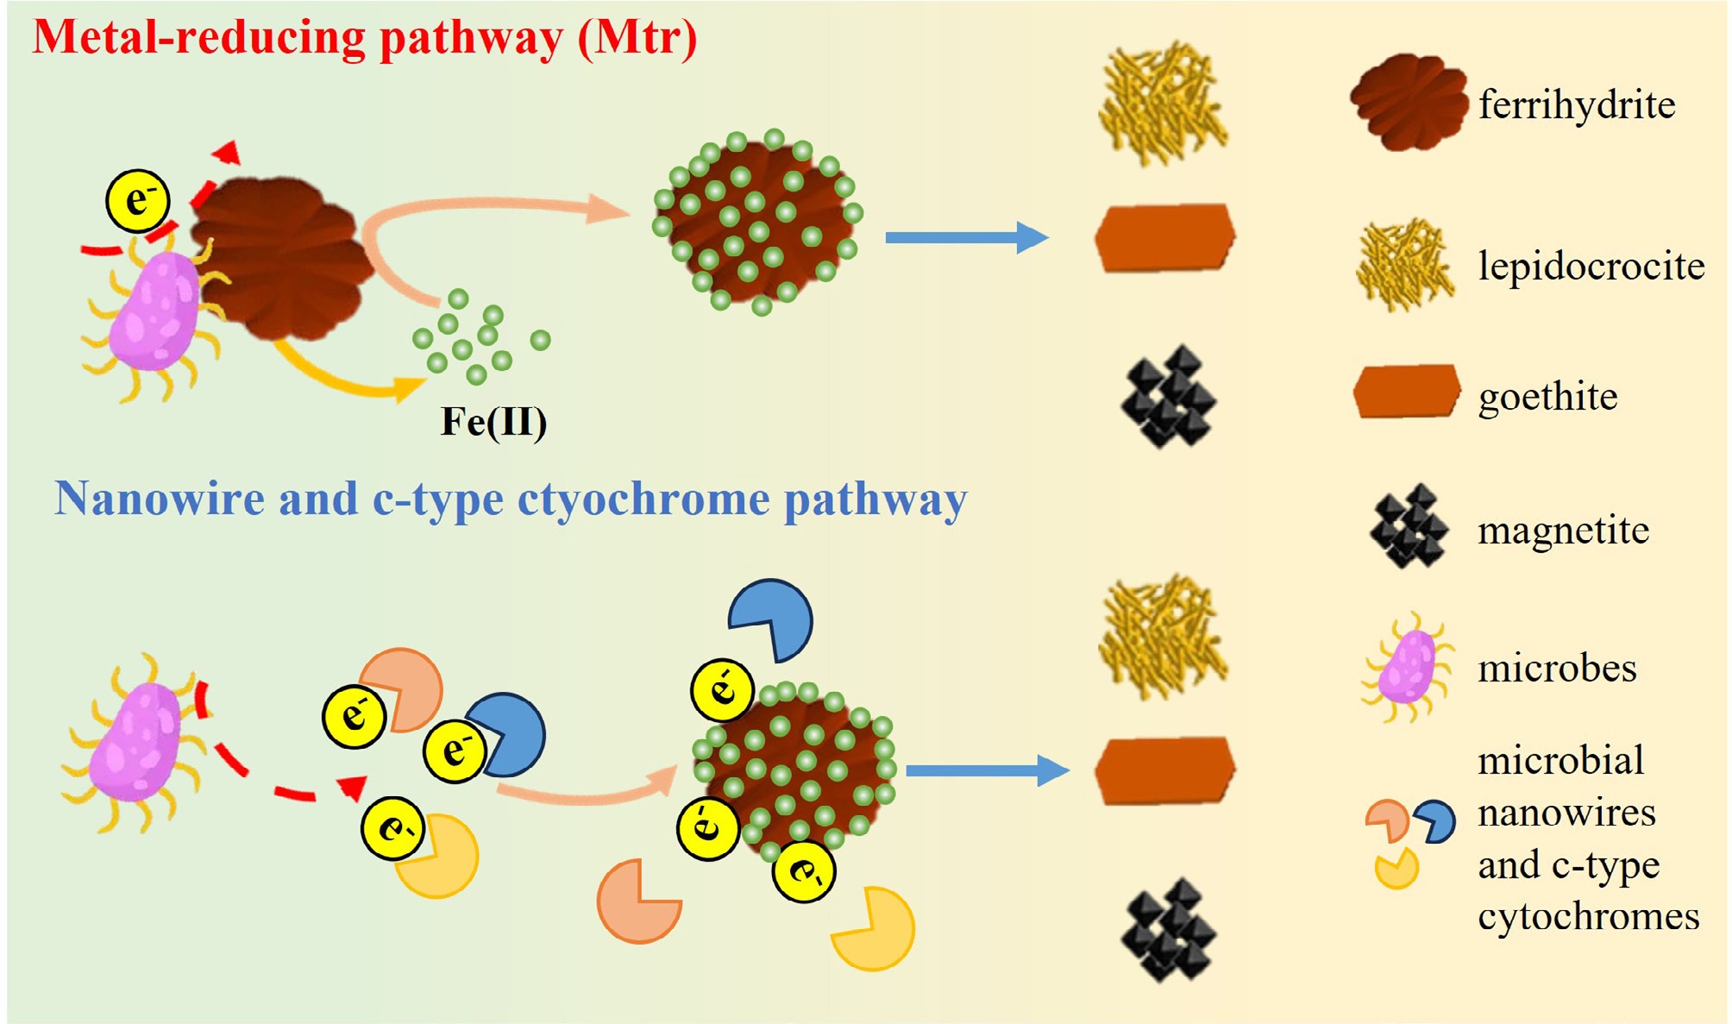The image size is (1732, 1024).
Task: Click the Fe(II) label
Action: tap(493, 422)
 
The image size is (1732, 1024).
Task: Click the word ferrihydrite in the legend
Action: tap(1577, 105)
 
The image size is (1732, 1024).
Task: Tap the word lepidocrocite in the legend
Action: tap(1591, 266)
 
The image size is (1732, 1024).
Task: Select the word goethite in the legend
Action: tap(1548, 397)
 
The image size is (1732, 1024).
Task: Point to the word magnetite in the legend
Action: tap(1563, 530)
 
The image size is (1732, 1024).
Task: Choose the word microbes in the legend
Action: tap(1557, 669)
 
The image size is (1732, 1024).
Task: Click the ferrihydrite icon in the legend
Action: tap(1409, 102)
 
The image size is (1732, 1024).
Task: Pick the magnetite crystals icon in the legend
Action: tap(1409, 526)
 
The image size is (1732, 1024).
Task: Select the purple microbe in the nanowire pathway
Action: tap(136, 742)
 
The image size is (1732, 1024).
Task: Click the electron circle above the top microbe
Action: tap(138, 201)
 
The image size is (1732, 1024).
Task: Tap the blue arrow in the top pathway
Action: tap(966, 237)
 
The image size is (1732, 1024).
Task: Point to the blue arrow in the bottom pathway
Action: tap(987, 770)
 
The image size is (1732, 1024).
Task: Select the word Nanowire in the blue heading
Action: tap(160, 499)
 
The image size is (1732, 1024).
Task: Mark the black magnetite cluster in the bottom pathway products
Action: tap(1168, 929)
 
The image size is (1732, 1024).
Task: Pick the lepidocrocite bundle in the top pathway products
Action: tap(1163, 104)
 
